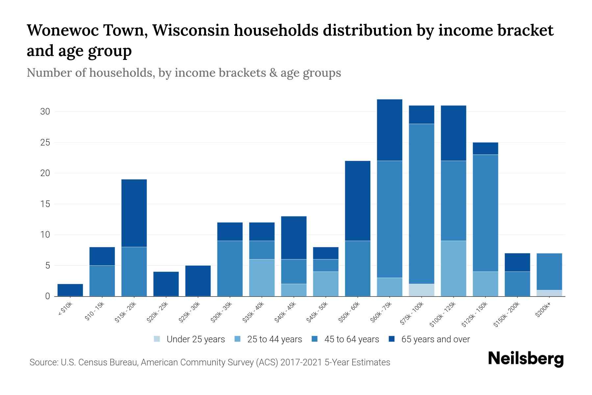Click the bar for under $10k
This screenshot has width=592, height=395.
[x=70, y=290]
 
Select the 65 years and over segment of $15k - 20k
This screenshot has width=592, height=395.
[x=134, y=213]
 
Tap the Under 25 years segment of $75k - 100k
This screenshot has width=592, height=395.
[x=421, y=290]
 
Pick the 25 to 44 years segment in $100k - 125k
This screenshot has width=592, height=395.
[x=453, y=268]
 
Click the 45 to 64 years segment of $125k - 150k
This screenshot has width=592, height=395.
[x=485, y=213]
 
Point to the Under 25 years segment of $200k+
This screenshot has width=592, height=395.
[x=549, y=293]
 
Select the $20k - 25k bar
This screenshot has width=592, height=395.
[x=166, y=284]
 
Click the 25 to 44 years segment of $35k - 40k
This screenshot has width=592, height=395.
[x=262, y=277]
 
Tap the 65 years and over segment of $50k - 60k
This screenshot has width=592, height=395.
[x=358, y=201]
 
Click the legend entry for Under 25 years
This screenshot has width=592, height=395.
[x=189, y=339]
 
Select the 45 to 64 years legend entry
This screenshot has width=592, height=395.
[x=345, y=339]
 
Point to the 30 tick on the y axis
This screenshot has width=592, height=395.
[x=45, y=112]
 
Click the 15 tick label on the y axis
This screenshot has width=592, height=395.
[x=45, y=204]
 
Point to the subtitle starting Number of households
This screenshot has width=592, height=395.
[x=184, y=73]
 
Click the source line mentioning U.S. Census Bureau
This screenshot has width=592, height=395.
[x=210, y=362]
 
